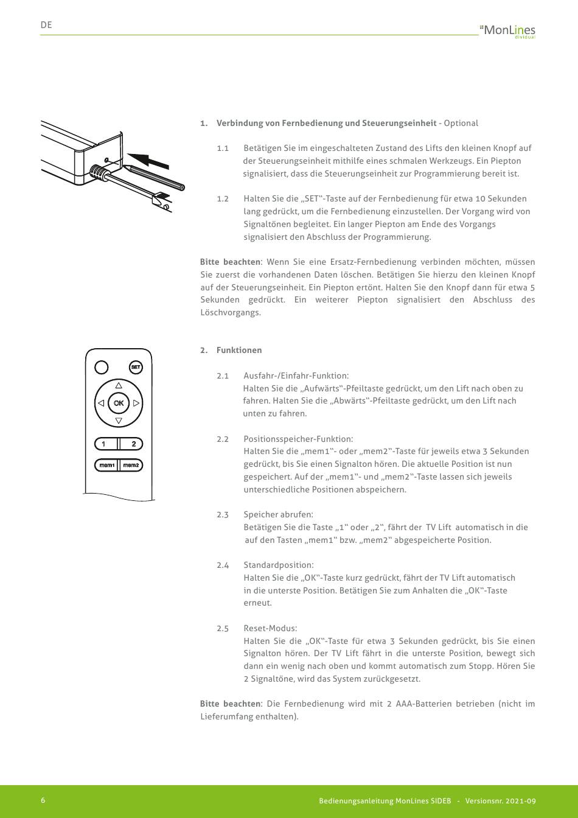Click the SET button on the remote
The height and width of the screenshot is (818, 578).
point(136,367)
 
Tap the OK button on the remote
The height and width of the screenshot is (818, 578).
point(119,403)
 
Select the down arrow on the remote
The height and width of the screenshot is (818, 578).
point(119,421)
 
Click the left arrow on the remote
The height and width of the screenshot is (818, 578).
point(101,403)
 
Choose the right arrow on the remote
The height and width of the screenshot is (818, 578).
point(136,403)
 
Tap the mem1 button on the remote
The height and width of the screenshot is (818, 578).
point(106,465)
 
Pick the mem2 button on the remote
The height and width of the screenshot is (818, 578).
point(131,465)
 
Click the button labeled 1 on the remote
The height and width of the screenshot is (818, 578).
point(106,444)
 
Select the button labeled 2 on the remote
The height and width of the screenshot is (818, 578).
point(131,444)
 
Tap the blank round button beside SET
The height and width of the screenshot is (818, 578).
point(102,367)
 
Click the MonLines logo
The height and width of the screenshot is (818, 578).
point(508,31)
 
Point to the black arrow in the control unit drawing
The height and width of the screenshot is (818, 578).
point(148,160)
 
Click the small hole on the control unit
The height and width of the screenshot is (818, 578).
point(106,160)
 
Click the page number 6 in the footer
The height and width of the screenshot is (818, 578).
point(43,800)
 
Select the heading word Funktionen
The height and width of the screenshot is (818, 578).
point(239,350)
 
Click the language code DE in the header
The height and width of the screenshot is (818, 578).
point(46,25)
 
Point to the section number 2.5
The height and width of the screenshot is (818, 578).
point(223,629)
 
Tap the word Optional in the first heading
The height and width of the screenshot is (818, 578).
point(461,124)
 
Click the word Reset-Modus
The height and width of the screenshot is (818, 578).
point(270,628)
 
